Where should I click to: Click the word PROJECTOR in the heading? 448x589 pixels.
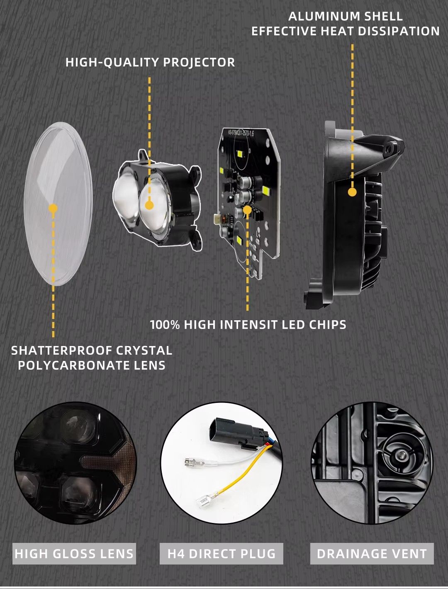199,62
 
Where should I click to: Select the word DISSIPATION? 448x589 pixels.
399,31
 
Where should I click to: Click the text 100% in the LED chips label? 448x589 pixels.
165,325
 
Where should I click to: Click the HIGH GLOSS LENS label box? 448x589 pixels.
74,553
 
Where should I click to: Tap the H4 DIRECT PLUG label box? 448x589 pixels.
222,553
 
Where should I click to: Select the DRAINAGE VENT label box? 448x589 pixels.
372,553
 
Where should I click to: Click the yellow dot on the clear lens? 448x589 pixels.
53,208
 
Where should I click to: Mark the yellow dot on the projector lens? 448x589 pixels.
149,205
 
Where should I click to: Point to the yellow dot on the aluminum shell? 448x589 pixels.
352,192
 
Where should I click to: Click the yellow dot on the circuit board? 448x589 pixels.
247,210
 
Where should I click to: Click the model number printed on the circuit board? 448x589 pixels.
241,133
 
